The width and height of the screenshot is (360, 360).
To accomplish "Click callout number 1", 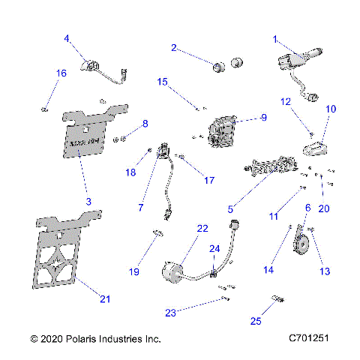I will pos(275,39).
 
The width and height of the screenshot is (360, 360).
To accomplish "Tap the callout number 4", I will pos(66,38).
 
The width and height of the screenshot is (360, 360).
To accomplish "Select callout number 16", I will pos(61,73).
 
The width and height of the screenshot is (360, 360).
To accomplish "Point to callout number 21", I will pos(105,299).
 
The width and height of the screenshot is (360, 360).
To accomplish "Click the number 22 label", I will pos(202,228).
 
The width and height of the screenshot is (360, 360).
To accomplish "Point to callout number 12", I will pos(286,101).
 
